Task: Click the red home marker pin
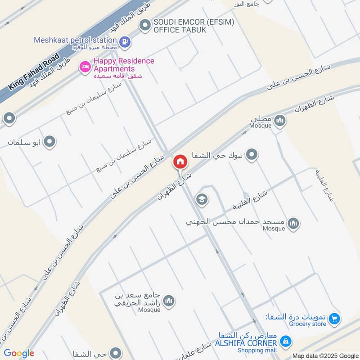180,161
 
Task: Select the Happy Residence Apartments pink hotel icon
84,67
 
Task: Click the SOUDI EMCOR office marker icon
145,25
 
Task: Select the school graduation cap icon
202,199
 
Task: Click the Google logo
19,353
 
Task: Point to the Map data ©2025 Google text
324,355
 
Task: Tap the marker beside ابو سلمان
50,142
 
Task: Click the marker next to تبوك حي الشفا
252,156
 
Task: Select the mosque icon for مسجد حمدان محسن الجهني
293,223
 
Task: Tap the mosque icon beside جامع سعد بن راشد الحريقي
169,301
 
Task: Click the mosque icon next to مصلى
280,120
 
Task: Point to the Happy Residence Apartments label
124,65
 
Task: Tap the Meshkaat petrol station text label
76,40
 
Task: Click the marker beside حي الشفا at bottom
116,353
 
